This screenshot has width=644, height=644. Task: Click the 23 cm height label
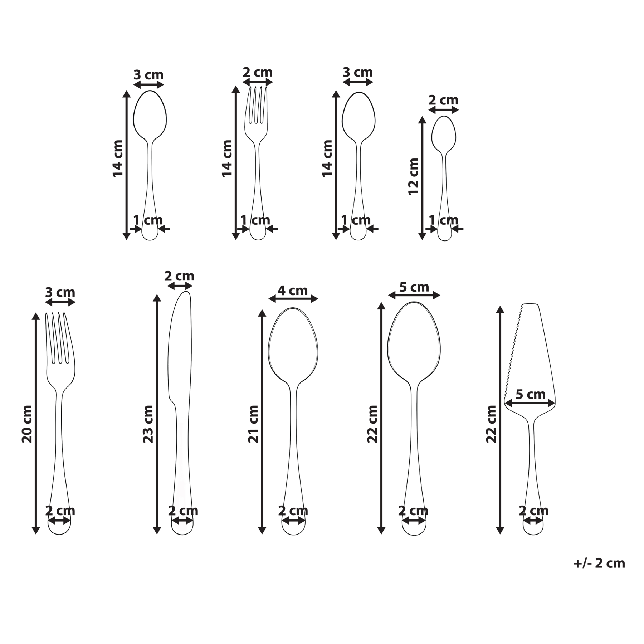pos(148,424)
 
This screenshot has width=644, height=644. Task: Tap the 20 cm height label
pos(27,424)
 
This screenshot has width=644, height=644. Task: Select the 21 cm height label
pos(253,424)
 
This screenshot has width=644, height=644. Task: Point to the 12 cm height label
pos(414,176)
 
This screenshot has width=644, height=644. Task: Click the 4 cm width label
pos(293,291)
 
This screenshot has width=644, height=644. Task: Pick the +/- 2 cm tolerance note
pos(599,563)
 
